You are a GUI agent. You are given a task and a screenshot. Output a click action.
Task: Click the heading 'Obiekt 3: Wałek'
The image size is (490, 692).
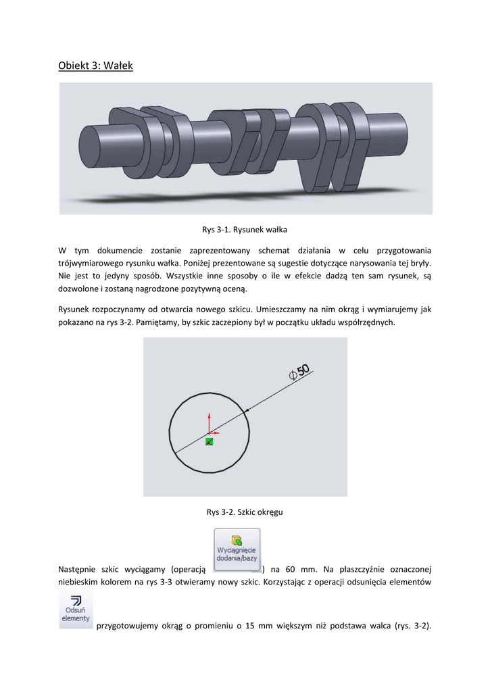point(95,66)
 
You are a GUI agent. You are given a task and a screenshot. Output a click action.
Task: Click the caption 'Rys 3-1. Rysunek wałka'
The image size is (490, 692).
point(245,230)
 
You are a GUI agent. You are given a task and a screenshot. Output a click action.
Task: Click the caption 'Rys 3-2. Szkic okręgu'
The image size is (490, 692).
point(245,512)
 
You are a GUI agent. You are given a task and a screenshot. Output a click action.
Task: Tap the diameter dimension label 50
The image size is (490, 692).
point(301,370)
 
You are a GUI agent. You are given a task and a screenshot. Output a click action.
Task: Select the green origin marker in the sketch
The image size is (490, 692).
point(210,441)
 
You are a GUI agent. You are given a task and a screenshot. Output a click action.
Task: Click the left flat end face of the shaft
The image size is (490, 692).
point(90,147)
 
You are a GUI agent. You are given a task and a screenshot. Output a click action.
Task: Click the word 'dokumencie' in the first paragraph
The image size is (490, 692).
point(123,250)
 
